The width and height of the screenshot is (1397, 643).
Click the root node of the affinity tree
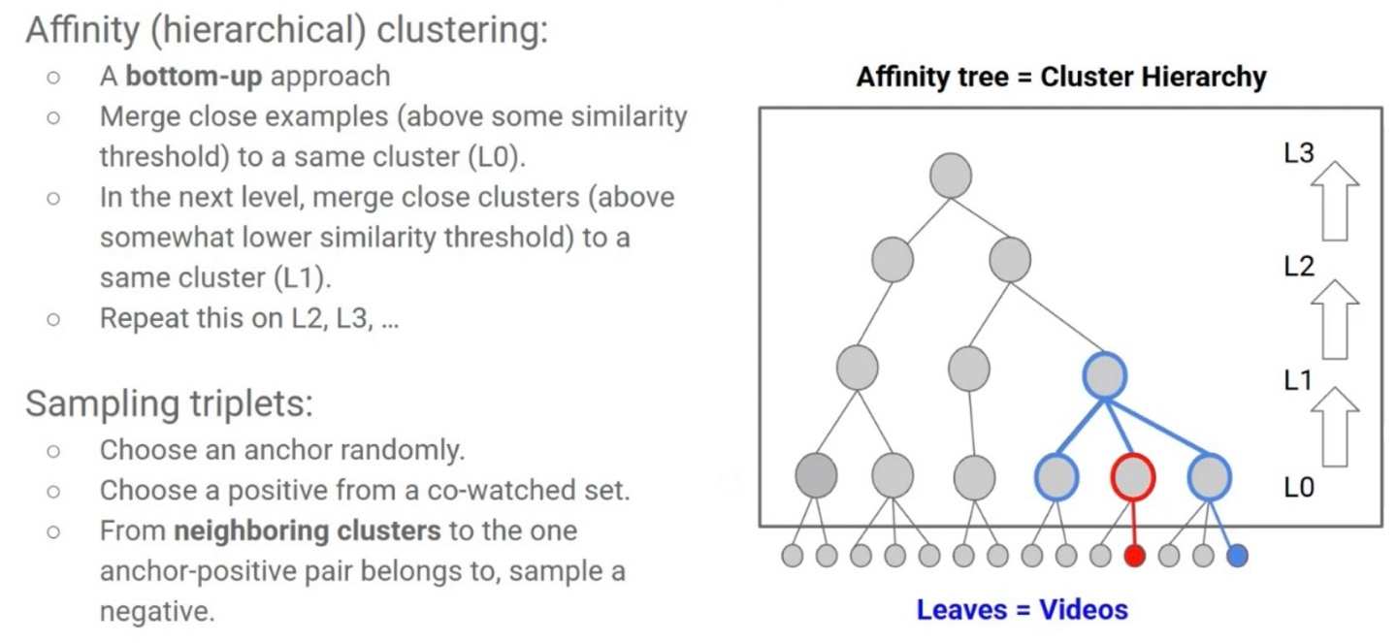(x=951, y=175)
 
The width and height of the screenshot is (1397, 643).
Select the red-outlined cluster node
(x=1132, y=476)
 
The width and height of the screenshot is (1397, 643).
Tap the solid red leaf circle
(x=1134, y=556)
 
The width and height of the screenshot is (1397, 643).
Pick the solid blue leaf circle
(x=1237, y=556)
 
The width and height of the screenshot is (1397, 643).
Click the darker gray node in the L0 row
(x=816, y=475)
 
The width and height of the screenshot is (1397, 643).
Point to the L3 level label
(x=1299, y=154)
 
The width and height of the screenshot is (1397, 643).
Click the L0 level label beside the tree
(x=1299, y=487)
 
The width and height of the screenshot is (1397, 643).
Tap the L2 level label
(x=1299, y=268)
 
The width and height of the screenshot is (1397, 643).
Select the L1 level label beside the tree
(x=1299, y=380)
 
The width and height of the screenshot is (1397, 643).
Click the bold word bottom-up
(x=194, y=76)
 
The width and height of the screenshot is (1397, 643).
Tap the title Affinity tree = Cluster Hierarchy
(x=1061, y=78)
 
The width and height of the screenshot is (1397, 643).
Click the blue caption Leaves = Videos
(x=1023, y=609)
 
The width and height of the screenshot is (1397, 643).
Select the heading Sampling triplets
(x=169, y=403)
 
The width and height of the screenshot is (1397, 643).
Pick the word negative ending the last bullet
(x=155, y=612)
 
